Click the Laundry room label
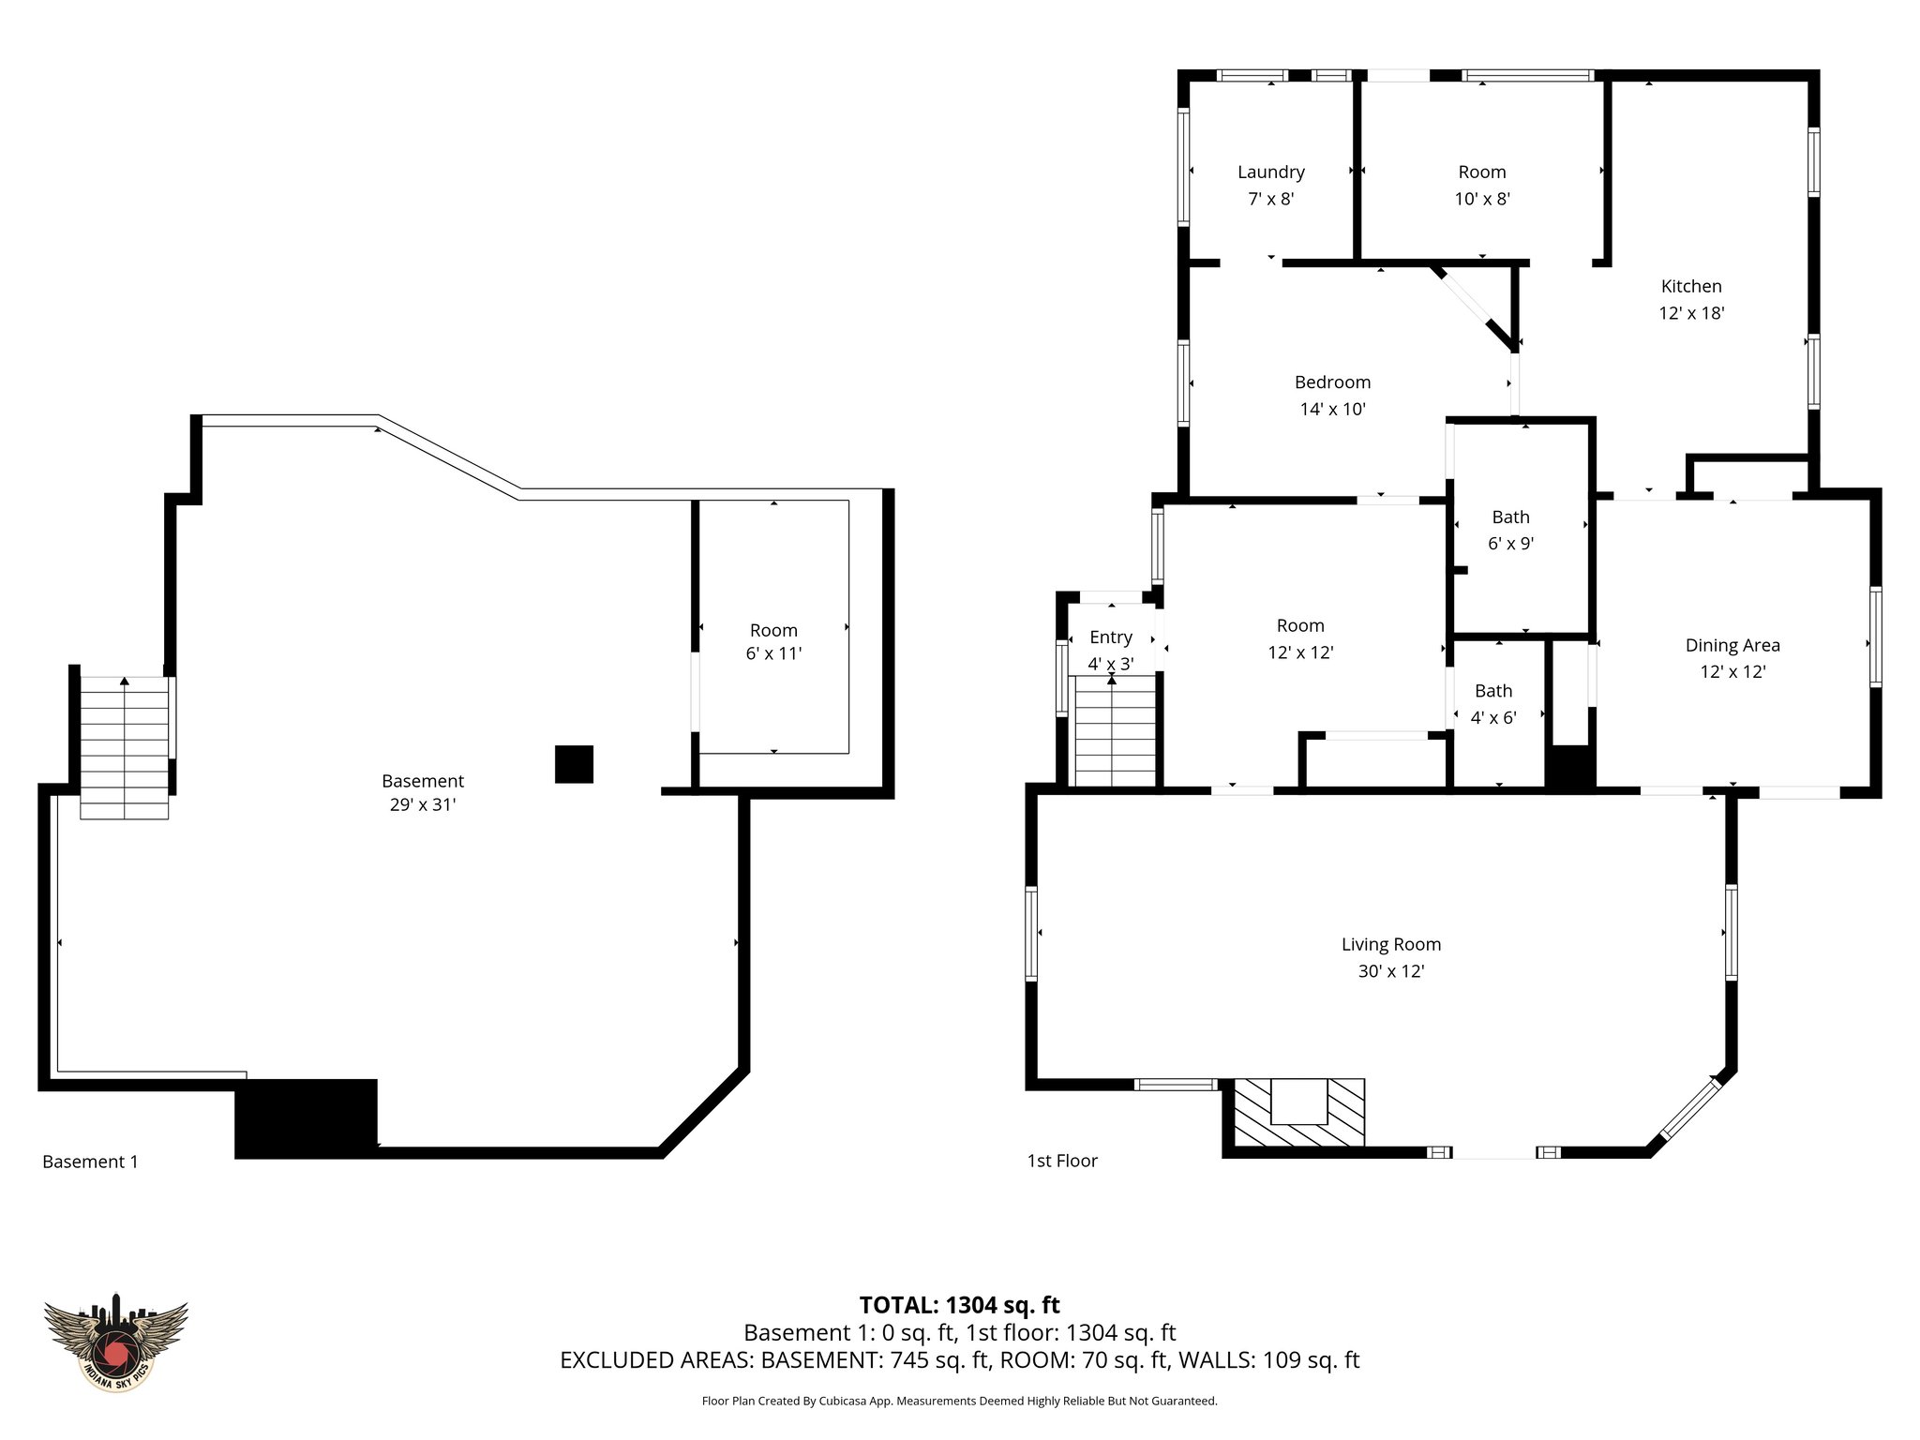coord(1270,172)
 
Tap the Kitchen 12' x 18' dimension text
coord(1691,313)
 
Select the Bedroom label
coord(1332,382)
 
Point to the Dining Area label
coord(1732,645)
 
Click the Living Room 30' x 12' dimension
coord(1390,971)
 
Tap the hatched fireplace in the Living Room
coord(1297,1113)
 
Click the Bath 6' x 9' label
coord(1510,530)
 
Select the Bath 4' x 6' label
coord(1493,704)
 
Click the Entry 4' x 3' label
coord(1111,650)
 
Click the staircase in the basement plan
coord(125,747)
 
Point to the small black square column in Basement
coord(574,764)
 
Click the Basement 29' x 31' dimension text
coord(422,804)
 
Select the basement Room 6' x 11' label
coord(773,642)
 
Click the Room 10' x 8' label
coord(1481,185)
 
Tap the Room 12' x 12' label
coord(1300,638)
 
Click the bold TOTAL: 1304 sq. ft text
coord(959,1304)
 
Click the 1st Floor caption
coord(1062,1161)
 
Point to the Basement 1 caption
coord(90,1162)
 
